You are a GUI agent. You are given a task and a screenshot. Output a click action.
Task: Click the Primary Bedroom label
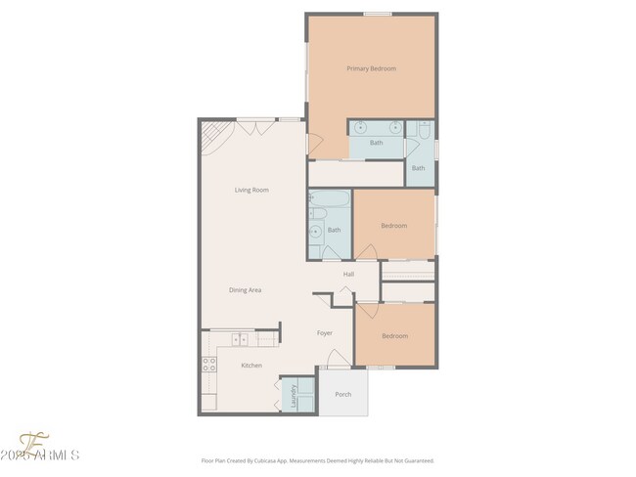point(371,68)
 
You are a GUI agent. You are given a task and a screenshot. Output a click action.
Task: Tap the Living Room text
point(250,190)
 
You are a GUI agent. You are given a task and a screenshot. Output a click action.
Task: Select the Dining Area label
point(245,290)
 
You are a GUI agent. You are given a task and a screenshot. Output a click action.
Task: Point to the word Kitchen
point(251,366)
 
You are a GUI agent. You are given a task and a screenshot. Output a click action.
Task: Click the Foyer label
point(325,333)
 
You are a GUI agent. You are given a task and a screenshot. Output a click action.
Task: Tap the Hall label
point(348,275)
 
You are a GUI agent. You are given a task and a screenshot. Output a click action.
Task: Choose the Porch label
point(342,395)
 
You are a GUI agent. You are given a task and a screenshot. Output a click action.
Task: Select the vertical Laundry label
point(293,395)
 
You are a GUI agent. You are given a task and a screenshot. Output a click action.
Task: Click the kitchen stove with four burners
point(208,368)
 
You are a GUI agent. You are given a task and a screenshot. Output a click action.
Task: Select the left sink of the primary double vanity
point(361,128)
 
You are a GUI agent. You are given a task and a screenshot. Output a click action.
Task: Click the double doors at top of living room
point(254,123)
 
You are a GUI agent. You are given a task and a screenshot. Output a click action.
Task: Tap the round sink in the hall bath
point(315,232)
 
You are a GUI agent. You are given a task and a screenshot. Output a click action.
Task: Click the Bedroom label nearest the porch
point(394,336)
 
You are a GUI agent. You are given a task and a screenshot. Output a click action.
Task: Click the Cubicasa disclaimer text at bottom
point(317,460)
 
